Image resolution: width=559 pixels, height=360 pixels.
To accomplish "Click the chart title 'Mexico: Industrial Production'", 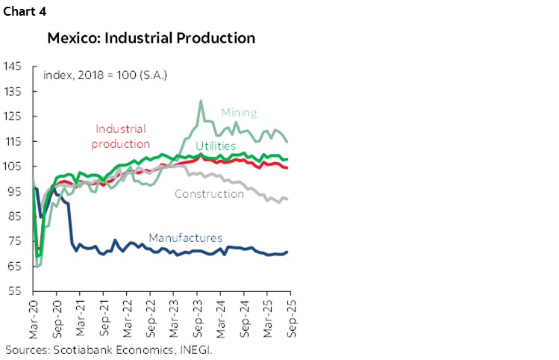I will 151,37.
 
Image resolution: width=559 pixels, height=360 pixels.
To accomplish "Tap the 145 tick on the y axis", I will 13,66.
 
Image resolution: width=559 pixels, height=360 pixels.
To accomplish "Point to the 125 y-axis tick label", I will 13,116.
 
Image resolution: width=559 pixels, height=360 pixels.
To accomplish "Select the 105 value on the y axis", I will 13,166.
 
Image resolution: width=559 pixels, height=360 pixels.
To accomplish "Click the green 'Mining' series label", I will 239,113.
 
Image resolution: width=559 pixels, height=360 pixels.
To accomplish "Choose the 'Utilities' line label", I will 216,146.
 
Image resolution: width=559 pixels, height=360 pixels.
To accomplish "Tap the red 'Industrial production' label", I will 121,136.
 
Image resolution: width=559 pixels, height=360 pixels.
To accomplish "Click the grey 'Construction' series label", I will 209,193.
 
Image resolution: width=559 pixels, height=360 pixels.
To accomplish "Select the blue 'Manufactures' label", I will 185,238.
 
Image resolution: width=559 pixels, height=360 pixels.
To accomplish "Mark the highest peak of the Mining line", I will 201,102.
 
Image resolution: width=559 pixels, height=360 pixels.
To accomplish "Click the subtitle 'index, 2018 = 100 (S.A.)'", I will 105,75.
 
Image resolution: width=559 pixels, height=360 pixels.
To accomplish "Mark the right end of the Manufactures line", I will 287,252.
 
